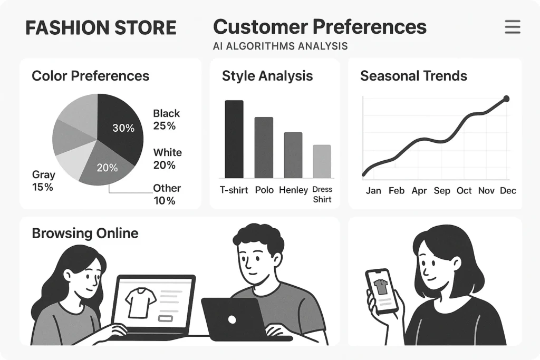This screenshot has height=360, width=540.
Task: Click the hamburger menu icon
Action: pos(512,27)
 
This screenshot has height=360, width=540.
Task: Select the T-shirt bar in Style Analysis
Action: pos(234,139)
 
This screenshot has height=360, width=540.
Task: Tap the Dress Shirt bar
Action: pos(322,161)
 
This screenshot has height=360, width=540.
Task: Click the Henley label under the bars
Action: pos(293,190)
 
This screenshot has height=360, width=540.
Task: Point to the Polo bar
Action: pos(264,148)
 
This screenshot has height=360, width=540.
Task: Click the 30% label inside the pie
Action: pos(123,128)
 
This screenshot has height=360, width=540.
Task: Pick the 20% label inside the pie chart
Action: pos(107,168)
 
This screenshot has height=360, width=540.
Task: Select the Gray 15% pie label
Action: pos(43,180)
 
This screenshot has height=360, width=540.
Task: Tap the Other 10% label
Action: pos(167,194)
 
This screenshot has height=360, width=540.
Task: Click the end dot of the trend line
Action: pos(507,99)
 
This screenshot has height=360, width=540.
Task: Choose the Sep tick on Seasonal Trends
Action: pos(442,191)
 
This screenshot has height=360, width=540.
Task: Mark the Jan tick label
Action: pos(373,191)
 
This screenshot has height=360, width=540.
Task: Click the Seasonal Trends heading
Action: pos(413,76)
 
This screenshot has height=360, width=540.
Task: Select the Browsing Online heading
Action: pos(85,233)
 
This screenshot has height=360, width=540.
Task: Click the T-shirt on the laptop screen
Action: pos(141,302)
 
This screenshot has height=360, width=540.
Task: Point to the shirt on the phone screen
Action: pos(380,287)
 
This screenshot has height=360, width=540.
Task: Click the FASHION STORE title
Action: pos(101,28)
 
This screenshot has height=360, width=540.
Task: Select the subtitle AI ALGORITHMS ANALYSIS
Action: pos(280,46)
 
